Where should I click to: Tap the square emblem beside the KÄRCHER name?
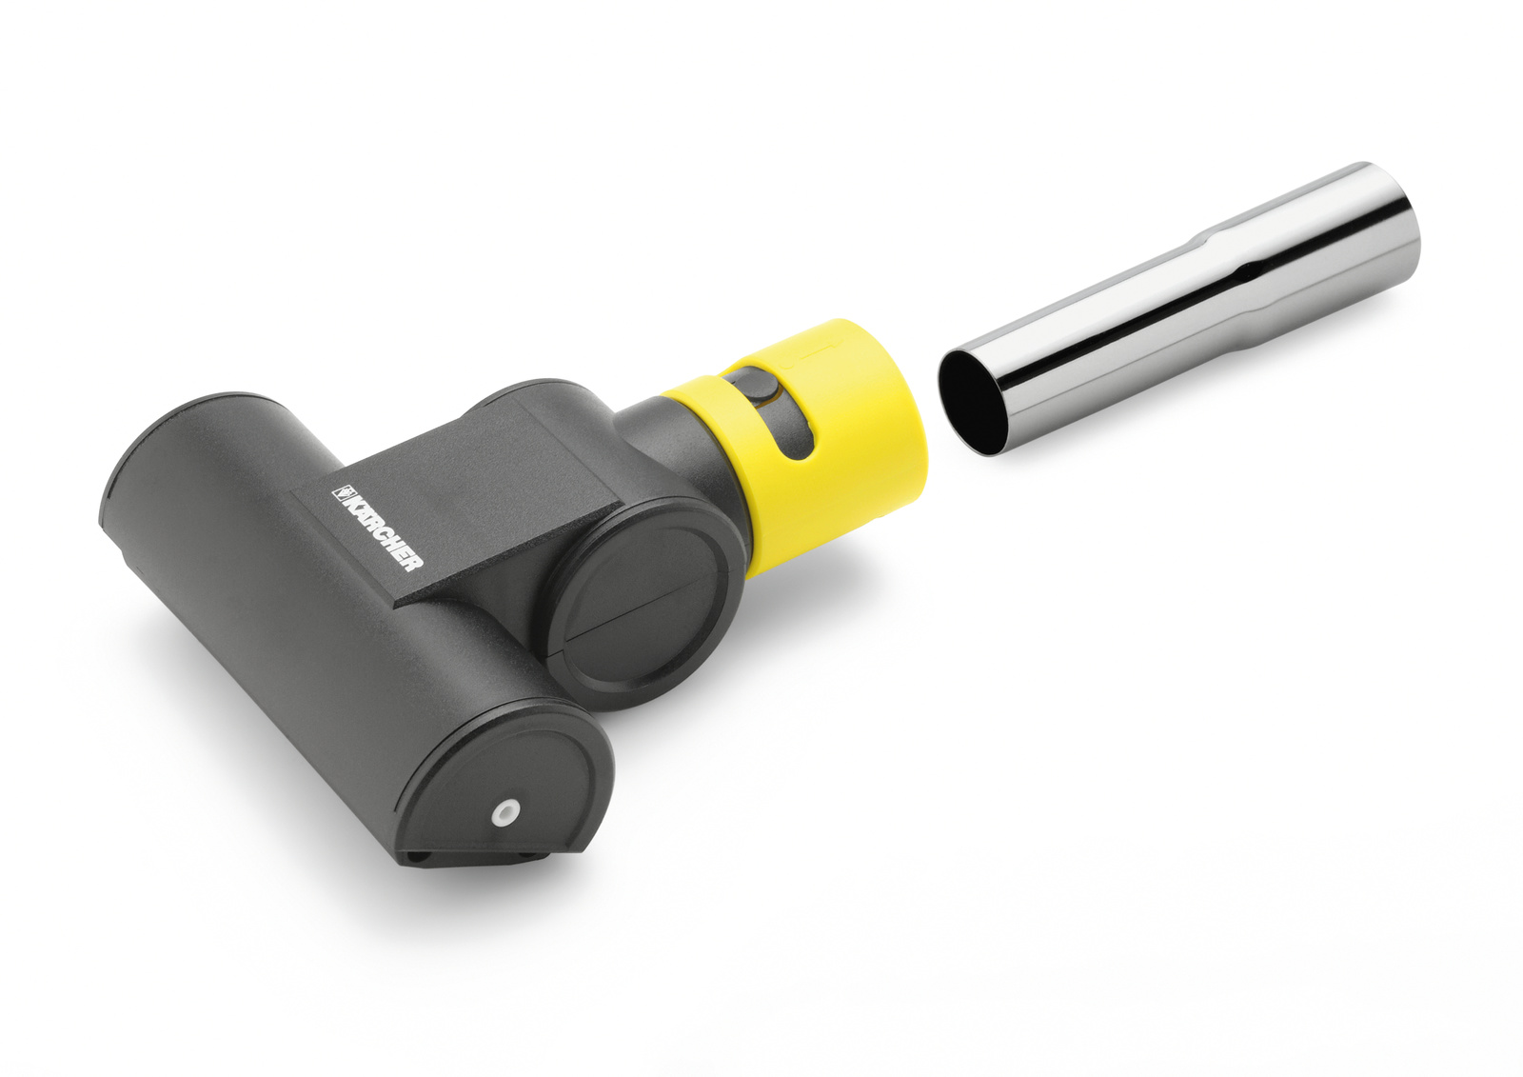[x=340, y=492]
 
